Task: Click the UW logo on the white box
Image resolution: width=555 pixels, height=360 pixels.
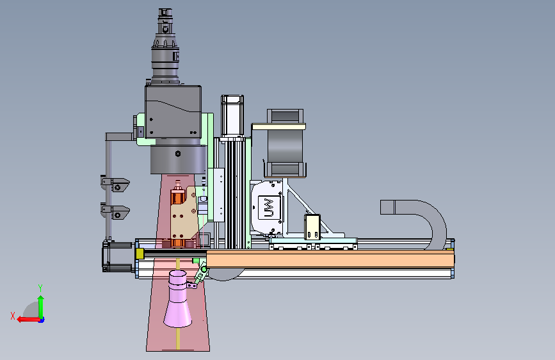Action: [269, 208]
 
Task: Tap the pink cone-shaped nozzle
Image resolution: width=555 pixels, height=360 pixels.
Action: [178, 299]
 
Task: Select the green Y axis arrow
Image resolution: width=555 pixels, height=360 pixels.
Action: [41, 307]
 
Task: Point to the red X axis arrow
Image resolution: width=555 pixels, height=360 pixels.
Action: [29, 320]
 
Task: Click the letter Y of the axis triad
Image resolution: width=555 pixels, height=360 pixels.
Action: [40, 288]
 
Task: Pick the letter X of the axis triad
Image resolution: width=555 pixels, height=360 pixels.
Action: [13, 316]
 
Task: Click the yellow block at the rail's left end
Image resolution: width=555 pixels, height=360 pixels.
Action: [140, 254]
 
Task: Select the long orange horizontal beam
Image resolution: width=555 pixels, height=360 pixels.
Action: [330, 259]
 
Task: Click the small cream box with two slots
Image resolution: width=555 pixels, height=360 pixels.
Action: [312, 227]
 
